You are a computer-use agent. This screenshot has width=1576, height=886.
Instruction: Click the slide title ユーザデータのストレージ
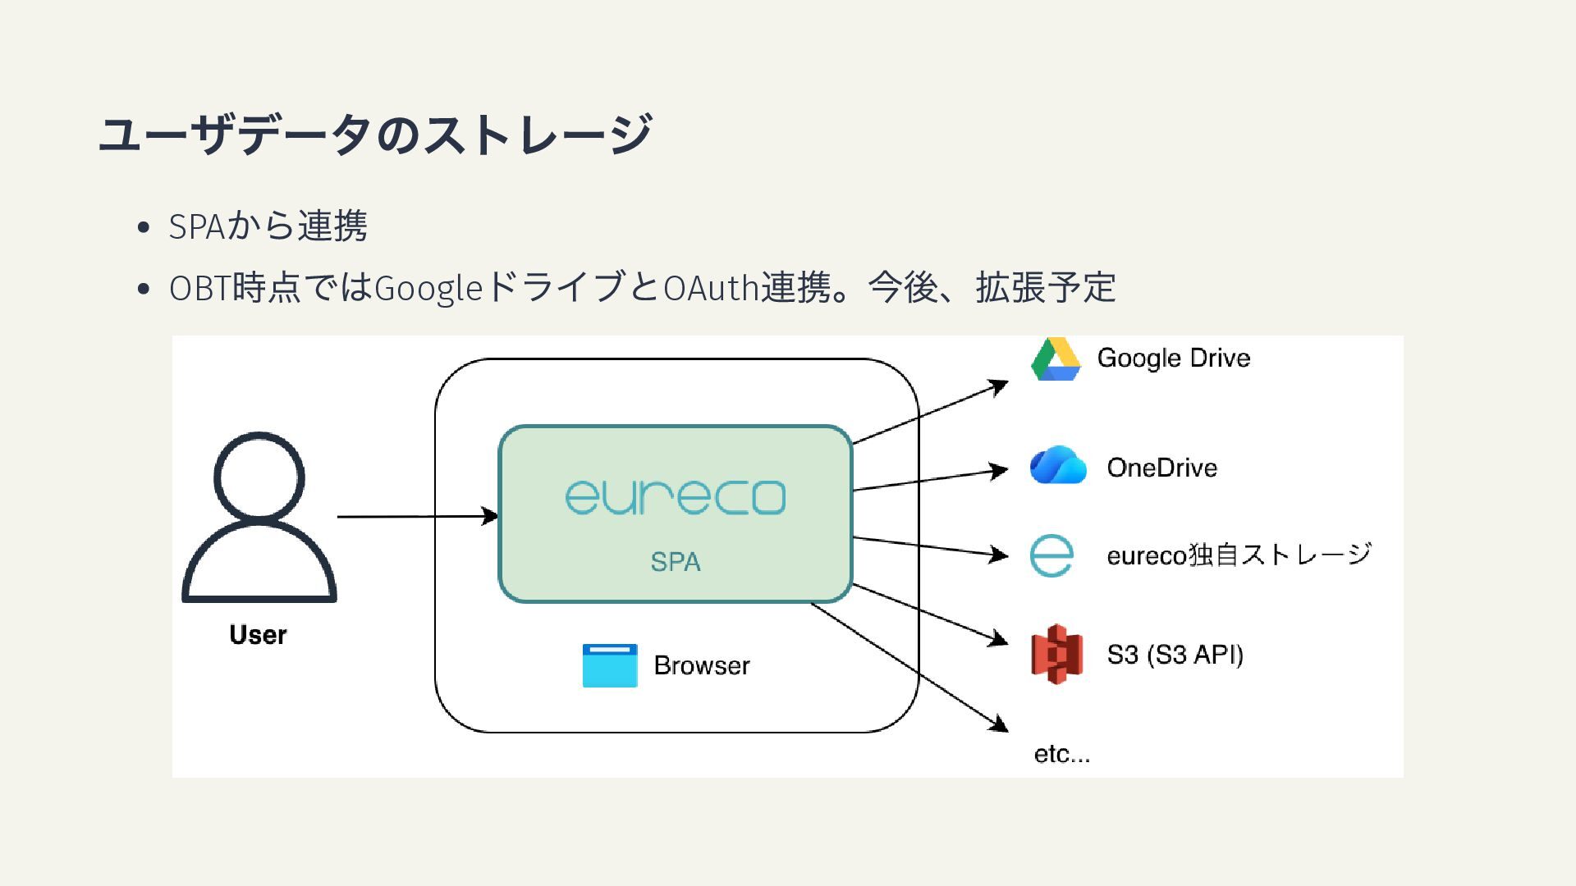375,135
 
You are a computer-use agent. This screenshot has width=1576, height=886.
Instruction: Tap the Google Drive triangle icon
1056,359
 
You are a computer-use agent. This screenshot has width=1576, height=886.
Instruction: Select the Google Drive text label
1173,359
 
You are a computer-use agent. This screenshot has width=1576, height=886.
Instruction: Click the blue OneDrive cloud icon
1058,466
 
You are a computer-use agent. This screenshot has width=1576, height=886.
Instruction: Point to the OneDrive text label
1161,468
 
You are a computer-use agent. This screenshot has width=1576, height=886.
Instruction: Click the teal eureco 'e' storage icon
1051,555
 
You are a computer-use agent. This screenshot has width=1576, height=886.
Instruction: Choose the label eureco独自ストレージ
1239,555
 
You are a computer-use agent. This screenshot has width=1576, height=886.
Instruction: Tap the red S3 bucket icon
1056,654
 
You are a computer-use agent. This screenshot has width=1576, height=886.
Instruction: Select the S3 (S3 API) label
1175,655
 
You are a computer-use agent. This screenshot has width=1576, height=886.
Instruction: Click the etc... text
1061,754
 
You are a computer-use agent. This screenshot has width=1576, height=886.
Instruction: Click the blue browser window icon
610,665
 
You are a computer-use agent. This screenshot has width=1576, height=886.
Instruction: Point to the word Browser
701,665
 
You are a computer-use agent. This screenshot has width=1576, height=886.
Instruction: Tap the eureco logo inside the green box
675,497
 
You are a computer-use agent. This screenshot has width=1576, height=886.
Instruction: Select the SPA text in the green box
675,562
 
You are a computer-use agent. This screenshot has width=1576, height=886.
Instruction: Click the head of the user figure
259,477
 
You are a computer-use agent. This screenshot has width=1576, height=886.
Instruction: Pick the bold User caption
258,635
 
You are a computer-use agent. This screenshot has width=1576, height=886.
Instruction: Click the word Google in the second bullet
428,289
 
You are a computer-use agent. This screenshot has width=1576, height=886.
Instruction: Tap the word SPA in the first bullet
196,227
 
